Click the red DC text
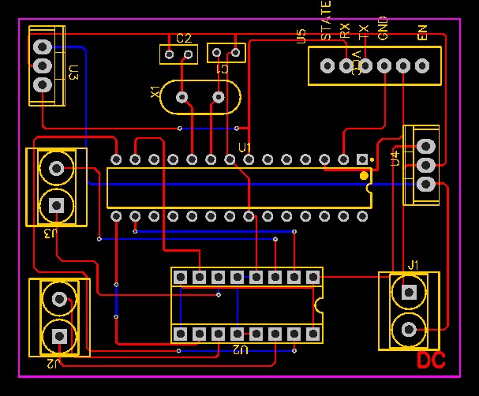(431, 361)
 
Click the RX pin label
(345, 31)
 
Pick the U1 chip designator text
(245, 148)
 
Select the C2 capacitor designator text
(184, 38)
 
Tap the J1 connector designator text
(414, 263)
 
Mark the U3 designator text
(73, 73)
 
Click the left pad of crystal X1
(182, 97)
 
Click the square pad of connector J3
(57, 205)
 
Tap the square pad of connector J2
(58, 335)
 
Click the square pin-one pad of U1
(362, 159)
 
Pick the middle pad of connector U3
(43, 65)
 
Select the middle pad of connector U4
(425, 165)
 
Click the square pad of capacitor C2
(170, 54)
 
